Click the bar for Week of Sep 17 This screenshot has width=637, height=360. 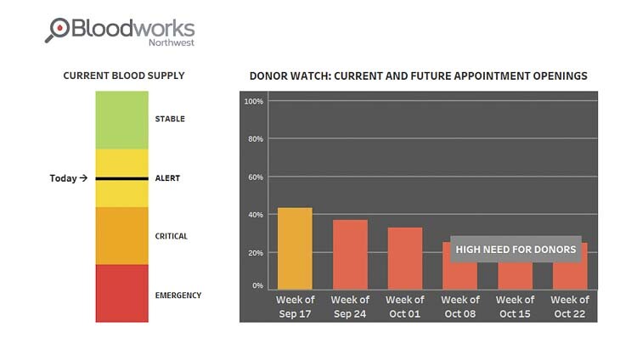click(295, 249)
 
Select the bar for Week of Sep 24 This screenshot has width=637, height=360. click(350, 255)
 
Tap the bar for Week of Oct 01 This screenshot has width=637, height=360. click(405, 259)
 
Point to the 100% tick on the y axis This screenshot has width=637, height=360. click(253, 102)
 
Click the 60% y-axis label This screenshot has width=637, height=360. click(254, 177)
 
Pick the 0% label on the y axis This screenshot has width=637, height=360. click(256, 286)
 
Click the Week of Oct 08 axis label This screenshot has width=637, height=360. click(460, 307)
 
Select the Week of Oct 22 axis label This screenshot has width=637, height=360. click(570, 307)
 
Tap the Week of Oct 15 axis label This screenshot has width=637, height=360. click(516, 307)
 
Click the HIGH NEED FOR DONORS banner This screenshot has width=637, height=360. click(516, 250)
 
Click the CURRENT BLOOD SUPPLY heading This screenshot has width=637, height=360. click(124, 76)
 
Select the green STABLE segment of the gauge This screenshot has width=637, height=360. click(121, 120)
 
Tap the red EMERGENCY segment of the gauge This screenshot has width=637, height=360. click(121, 293)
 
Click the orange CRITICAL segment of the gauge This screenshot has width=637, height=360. click(121, 236)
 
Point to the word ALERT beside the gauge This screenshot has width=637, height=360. click(168, 178)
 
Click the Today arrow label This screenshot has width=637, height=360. click(68, 178)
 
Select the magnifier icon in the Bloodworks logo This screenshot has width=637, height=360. click(58, 30)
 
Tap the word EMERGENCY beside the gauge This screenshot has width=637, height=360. click(178, 295)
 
